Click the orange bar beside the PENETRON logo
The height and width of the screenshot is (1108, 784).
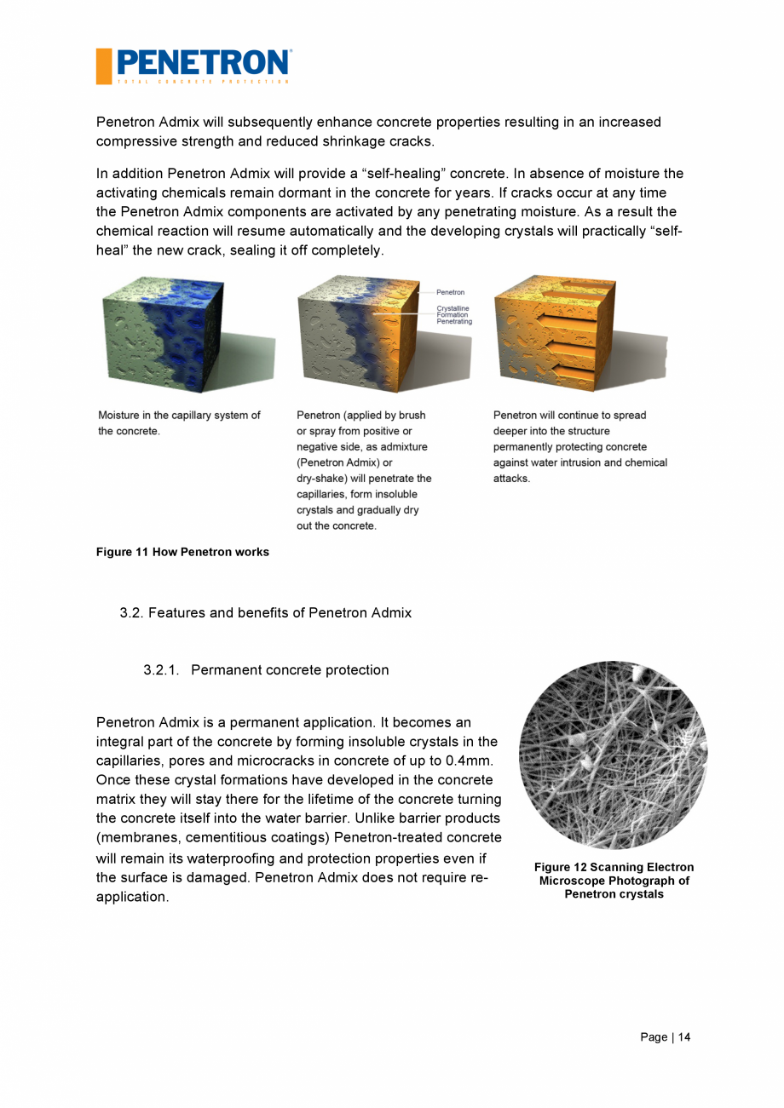point(103,66)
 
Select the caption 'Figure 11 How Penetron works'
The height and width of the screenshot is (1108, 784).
point(182,552)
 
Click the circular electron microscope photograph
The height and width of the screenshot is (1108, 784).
point(613,755)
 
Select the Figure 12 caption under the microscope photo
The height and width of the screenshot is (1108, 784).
point(614,881)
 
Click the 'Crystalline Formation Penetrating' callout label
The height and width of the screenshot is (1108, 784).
point(453,315)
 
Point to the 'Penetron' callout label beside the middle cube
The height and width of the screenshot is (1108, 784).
point(450,293)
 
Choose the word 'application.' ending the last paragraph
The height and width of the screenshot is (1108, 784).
point(132,898)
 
